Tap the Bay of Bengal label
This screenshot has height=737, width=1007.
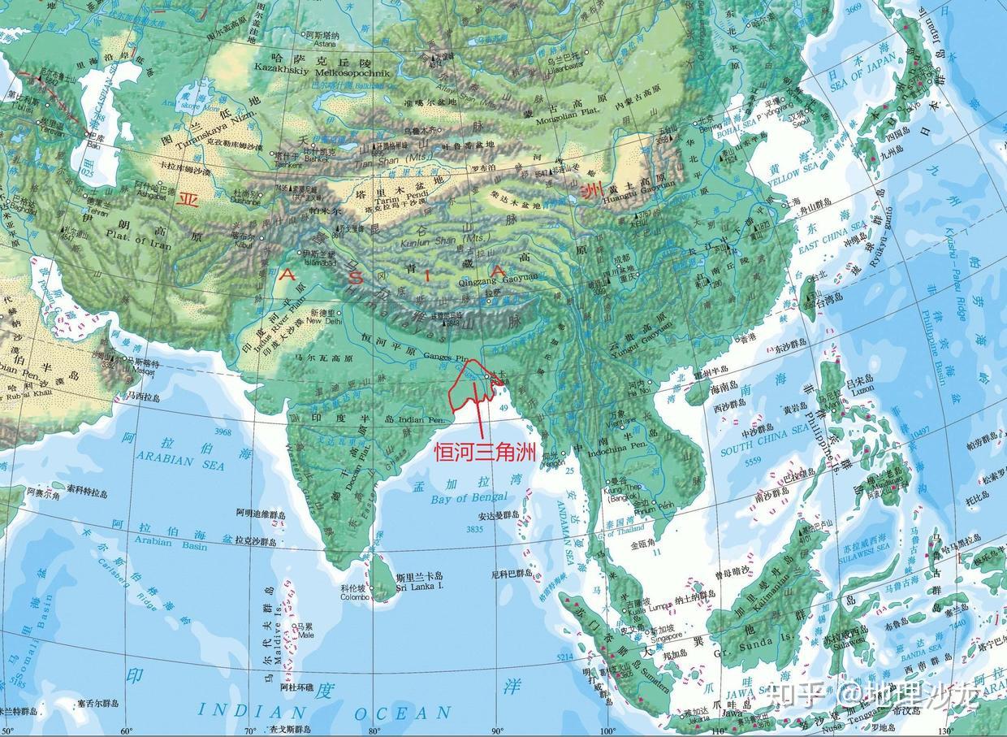point(469,497)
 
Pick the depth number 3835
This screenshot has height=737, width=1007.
point(475,529)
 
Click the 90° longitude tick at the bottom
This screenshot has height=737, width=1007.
point(496,730)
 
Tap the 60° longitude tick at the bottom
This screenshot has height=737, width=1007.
point(126,730)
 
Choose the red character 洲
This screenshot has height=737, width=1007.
point(593,193)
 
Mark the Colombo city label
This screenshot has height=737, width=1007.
point(354,596)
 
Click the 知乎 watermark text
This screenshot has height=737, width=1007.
point(792,695)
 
